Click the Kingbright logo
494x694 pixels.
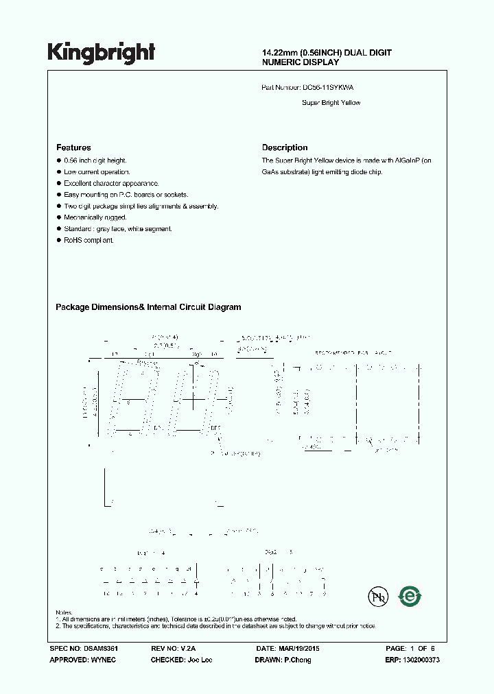pos(101,52)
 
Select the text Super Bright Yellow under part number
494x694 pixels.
pos(331,103)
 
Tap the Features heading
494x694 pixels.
pos(73,147)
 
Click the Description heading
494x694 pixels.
pos(285,147)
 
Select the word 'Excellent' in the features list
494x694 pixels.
pos(78,183)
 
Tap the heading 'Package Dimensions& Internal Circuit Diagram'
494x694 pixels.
pos(148,307)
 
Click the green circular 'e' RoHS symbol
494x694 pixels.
pos(410,597)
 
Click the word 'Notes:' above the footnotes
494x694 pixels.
pos(64,612)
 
